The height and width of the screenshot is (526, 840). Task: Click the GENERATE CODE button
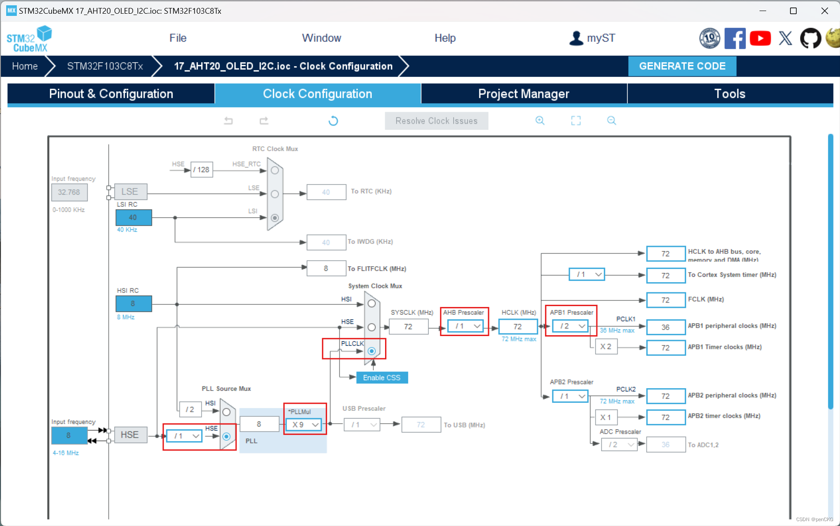[682, 66]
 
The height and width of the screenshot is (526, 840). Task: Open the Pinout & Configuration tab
[111, 94]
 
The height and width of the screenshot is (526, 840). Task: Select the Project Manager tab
[523, 94]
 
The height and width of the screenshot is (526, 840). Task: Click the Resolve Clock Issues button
[436, 121]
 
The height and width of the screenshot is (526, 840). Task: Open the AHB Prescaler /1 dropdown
[465, 326]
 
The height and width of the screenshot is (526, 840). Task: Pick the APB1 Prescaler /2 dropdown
[570, 326]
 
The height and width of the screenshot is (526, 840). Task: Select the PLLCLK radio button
[372, 351]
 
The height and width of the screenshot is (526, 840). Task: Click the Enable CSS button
[382, 378]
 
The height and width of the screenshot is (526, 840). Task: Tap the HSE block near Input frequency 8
[130, 435]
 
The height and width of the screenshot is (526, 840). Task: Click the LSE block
[130, 192]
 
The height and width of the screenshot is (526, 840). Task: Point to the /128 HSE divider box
[202, 170]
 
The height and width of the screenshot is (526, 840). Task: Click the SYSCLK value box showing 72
[409, 327]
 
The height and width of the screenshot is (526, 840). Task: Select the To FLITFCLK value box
[326, 269]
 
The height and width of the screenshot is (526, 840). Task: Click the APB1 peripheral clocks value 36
[665, 327]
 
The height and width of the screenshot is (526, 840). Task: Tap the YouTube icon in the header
[760, 38]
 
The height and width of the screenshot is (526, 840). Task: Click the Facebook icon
[735, 38]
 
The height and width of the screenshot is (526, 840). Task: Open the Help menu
[445, 38]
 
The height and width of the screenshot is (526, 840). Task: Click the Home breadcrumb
[25, 66]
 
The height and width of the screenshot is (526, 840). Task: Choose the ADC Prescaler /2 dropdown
[619, 445]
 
